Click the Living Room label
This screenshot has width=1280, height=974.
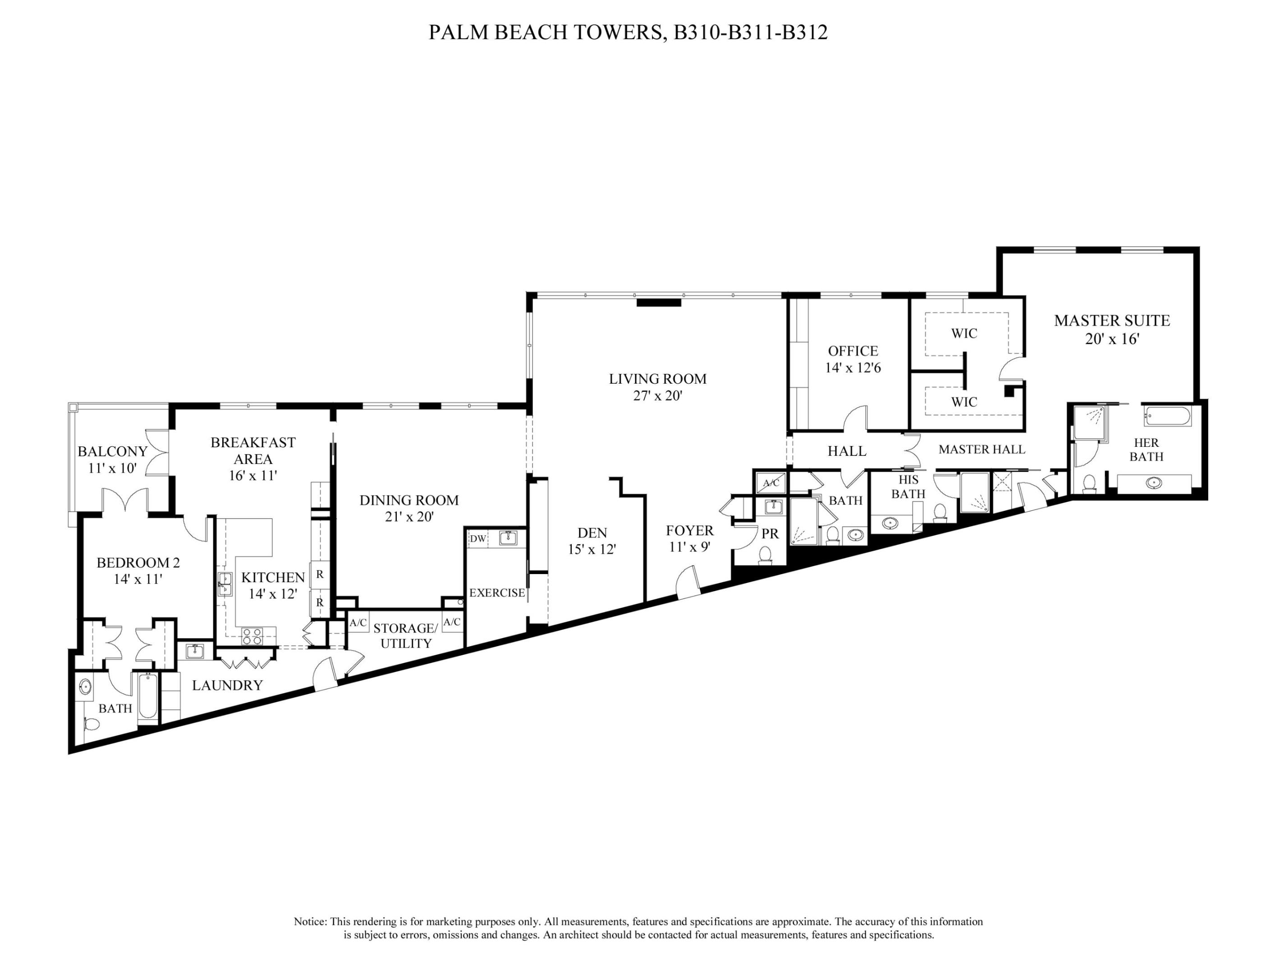click(x=657, y=379)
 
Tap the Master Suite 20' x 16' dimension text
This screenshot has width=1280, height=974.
click(x=1112, y=339)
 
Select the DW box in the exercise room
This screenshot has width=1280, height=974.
click(x=477, y=538)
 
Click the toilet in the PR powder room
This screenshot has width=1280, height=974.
click(x=765, y=554)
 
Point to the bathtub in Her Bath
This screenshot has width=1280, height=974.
click(x=1167, y=416)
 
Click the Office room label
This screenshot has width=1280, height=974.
click(x=853, y=351)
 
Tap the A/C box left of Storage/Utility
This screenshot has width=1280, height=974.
click(x=358, y=623)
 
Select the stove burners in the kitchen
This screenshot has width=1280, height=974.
click(x=252, y=636)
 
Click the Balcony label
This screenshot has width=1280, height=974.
click(x=112, y=451)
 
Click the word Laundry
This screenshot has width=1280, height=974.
click(x=227, y=685)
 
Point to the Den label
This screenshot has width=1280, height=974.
click(x=592, y=532)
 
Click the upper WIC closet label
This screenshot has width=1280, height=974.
click(x=964, y=333)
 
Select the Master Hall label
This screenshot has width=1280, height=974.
click(x=982, y=449)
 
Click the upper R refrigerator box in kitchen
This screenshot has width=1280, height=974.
click(x=319, y=575)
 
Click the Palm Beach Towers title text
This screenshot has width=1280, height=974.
click(x=628, y=32)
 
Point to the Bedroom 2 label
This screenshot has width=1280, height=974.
click(x=138, y=562)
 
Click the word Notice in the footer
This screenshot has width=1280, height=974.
click(x=310, y=922)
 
